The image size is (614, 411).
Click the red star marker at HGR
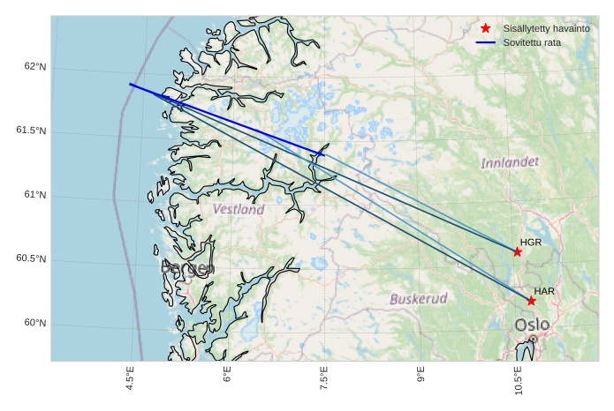(518, 251)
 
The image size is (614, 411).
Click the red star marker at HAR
(531, 301)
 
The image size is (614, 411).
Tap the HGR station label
(530, 242)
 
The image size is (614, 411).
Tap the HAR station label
(544, 291)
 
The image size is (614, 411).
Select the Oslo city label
(532, 325)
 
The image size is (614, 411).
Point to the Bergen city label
(187, 269)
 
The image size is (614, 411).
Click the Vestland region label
(239, 210)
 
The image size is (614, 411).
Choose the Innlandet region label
(510, 163)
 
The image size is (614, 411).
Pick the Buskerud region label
(419, 298)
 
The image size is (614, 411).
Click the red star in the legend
(485, 29)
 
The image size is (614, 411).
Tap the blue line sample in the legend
(485, 42)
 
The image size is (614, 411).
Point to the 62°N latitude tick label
(34, 67)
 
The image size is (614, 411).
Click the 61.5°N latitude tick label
(31, 131)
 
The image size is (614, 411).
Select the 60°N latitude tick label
(34, 323)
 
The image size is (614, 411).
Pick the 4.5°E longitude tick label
(131, 377)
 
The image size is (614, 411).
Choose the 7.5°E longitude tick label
(324, 377)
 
